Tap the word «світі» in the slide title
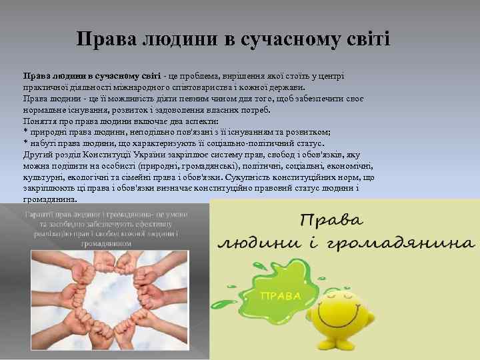click(x=365, y=39)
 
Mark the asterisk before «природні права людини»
click(x=25, y=132)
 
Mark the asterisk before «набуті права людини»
click(x=25, y=143)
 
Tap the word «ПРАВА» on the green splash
click(x=279, y=295)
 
